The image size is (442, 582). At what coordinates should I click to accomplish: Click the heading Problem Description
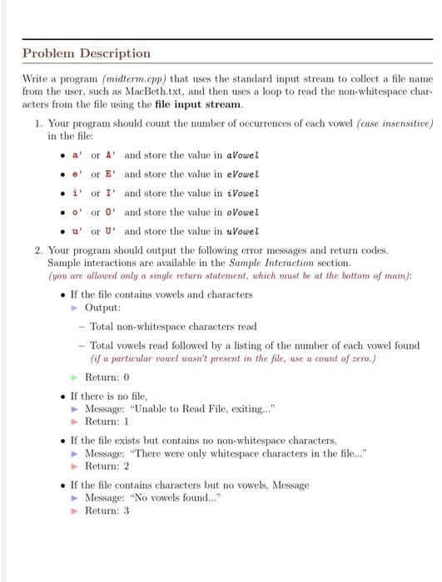point(87,53)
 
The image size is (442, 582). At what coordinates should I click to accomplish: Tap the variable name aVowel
point(242,155)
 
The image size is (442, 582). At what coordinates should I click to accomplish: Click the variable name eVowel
point(242,174)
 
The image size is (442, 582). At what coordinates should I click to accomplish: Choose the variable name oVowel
point(242,212)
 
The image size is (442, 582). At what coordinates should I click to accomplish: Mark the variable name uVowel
point(242,231)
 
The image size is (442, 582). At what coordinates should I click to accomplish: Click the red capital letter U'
point(111,231)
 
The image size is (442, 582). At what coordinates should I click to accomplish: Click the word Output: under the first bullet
point(103,308)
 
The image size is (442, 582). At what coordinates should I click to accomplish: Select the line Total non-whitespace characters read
point(173,326)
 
